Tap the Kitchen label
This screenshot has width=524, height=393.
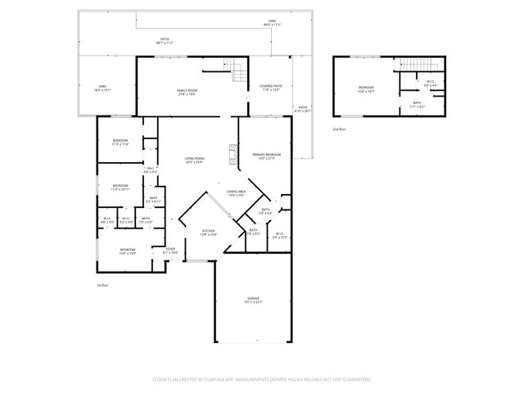209,233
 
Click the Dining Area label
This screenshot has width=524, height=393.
237,193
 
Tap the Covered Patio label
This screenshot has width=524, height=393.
271,87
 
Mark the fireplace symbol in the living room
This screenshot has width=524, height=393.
233,154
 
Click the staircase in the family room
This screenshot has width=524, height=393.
237,72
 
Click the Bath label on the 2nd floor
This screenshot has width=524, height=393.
417,104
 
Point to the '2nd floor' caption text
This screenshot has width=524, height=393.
339,129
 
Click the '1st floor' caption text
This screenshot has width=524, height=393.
102,285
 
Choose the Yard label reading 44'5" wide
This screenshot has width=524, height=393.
271,23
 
